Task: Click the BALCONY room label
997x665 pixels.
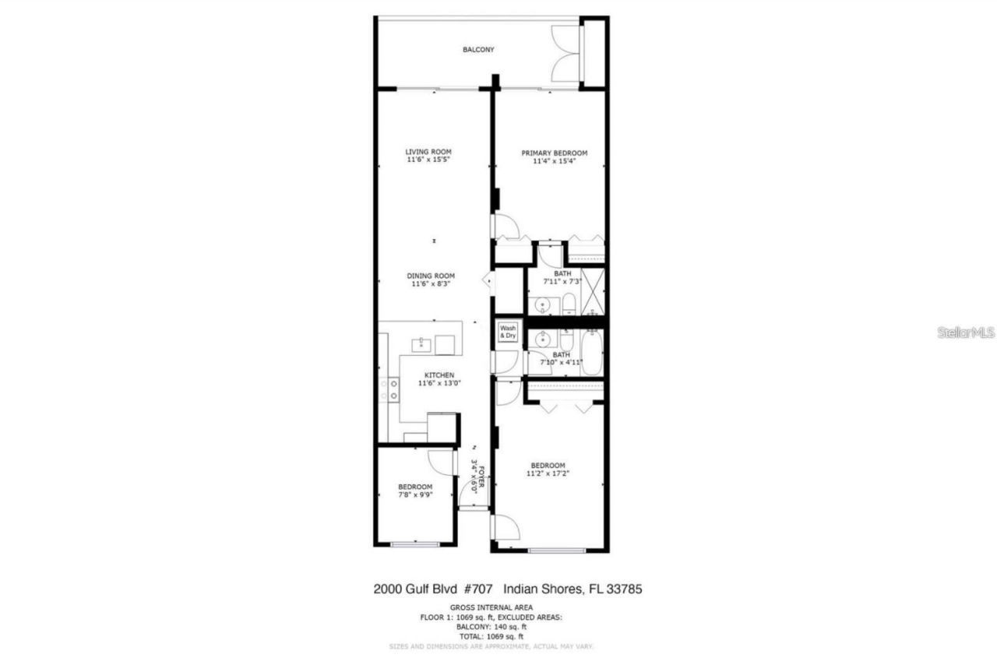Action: (478, 50)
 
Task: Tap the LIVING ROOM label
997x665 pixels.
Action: (428, 152)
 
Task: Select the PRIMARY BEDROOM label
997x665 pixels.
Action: (554, 153)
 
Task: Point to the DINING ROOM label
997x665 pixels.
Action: (431, 276)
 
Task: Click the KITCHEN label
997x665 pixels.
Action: (439, 375)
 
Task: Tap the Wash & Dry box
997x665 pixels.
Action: (508, 332)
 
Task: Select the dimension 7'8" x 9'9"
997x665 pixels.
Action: (414, 494)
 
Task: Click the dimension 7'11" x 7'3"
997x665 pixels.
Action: (562, 281)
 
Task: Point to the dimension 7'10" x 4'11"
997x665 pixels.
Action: (562, 362)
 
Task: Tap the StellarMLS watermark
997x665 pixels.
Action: (966, 332)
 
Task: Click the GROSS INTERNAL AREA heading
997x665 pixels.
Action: (491, 607)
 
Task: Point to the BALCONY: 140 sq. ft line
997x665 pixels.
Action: (491, 627)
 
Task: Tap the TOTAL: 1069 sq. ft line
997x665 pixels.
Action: (491, 636)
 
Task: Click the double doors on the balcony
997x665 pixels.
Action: (566, 53)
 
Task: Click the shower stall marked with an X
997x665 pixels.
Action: (593, 289)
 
